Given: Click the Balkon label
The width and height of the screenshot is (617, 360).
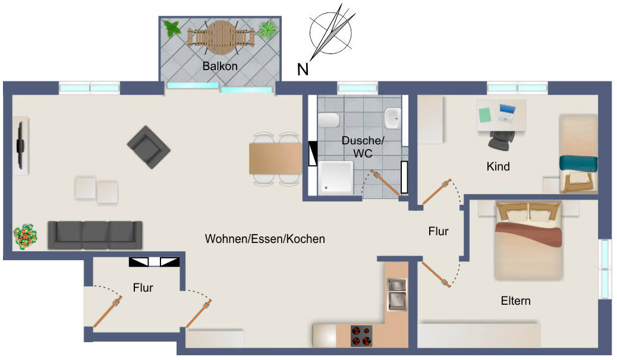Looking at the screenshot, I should coord(220,66).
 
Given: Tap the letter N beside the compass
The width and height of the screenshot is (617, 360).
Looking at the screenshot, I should coord(303,70).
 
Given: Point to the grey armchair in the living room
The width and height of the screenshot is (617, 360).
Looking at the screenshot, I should coord(148,146).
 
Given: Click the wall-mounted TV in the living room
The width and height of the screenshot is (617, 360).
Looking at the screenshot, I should coord(20,145).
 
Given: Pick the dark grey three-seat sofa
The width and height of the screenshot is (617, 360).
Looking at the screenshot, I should coord(95,235).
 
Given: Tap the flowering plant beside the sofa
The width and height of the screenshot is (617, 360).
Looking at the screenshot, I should coord(26,236).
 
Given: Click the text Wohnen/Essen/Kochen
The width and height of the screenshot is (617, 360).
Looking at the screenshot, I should coord(265,239).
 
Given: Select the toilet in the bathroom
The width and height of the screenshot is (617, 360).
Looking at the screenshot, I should coord(329,120).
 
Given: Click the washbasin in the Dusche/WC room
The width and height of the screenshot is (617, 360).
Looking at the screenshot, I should coord(392,118).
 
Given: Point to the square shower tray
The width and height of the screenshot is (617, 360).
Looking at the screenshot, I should coord(336,177).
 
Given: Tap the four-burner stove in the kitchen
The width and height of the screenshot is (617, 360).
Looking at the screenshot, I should coord(361,335).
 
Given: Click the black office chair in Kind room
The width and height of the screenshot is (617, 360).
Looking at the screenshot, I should coord(499,140).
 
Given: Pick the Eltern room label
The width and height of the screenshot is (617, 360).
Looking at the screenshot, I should coord(515,301).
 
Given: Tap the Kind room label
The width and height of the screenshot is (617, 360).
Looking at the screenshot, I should coord(498,166).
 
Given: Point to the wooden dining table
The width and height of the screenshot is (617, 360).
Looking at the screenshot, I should coord(275,159).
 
